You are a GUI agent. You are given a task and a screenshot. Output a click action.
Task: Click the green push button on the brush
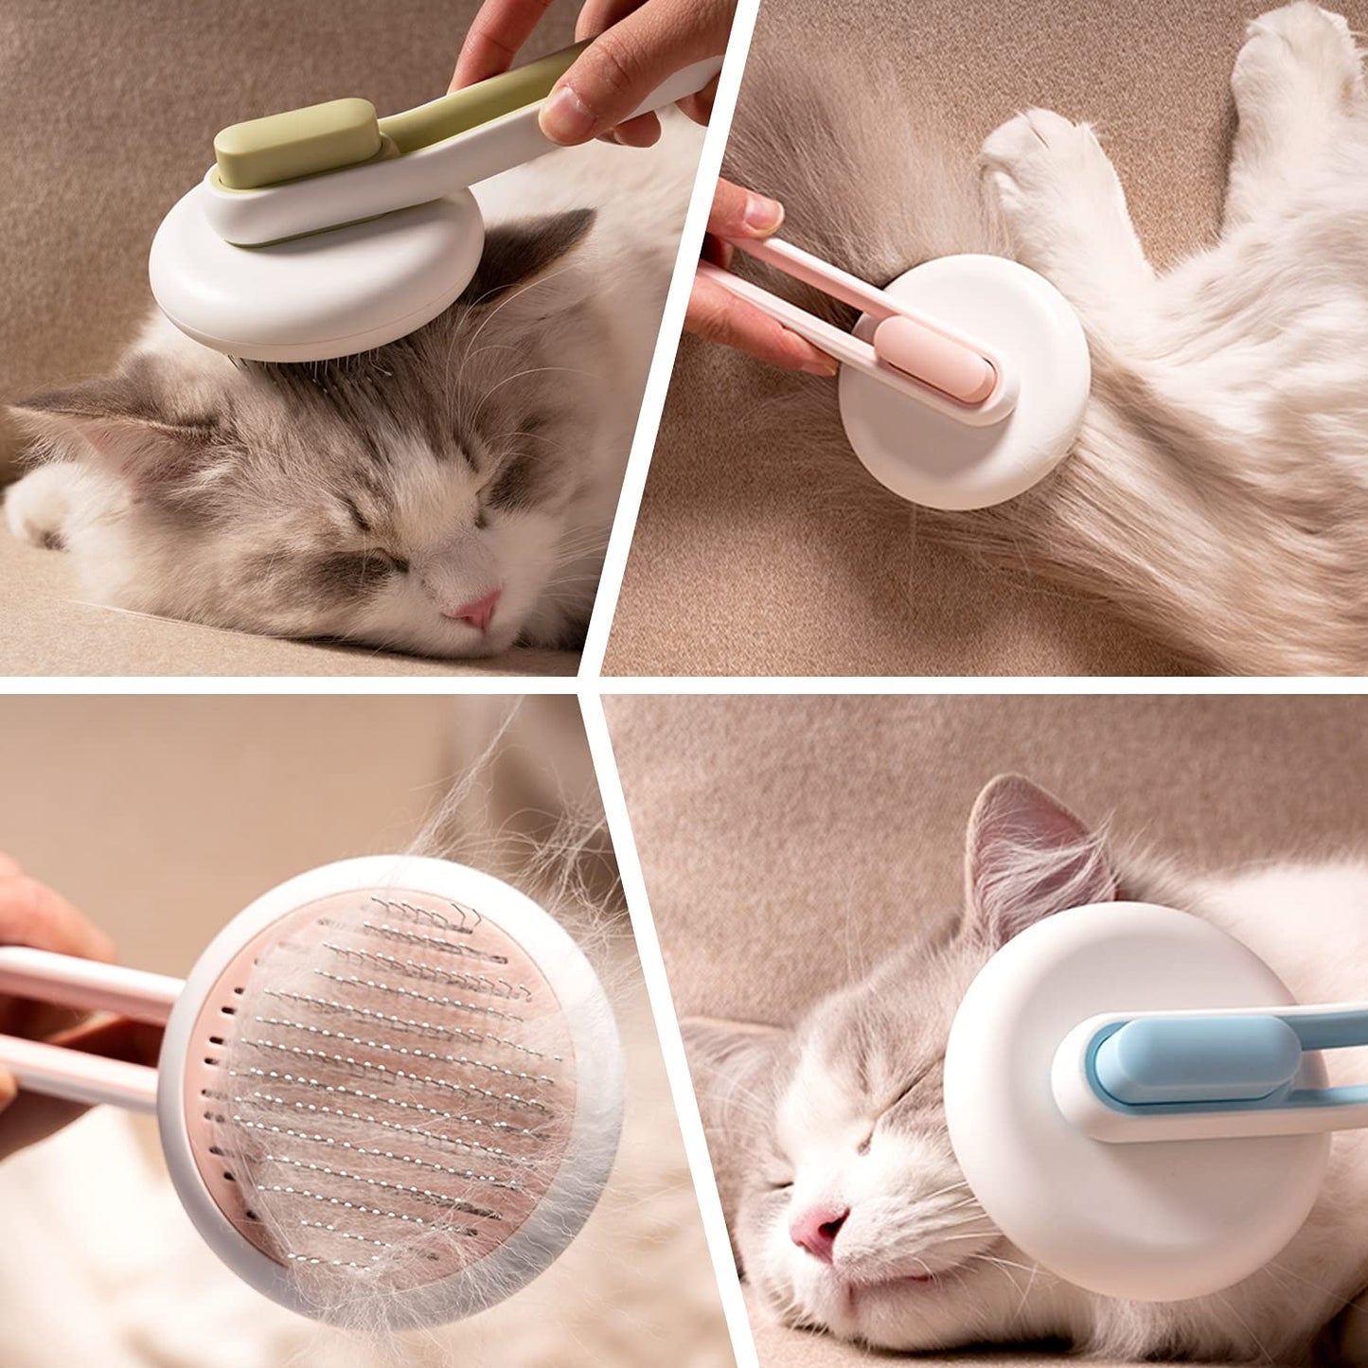point(297,143)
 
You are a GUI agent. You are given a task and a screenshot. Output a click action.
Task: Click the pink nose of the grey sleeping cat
point(477,610)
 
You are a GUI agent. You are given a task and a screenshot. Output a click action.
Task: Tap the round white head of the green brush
point(312,284)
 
